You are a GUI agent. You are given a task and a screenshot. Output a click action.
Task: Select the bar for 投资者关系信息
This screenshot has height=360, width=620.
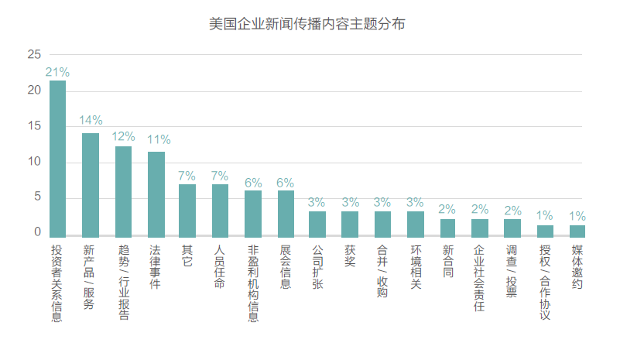[57, 158]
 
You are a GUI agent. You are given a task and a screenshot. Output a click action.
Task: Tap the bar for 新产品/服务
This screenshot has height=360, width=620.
[91, 184]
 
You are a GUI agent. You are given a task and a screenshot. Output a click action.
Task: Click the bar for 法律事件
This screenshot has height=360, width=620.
[156, 194]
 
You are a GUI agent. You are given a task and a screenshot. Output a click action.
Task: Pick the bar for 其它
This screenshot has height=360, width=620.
[187, 210]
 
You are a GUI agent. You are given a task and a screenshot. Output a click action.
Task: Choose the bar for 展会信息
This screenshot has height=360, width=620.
[286, 213]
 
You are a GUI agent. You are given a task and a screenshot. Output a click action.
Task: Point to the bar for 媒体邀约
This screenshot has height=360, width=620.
[577, 230]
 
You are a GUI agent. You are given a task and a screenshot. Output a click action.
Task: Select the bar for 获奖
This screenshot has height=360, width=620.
[350, 223]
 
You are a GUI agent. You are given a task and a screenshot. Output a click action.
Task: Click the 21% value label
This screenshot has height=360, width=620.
[57, 72]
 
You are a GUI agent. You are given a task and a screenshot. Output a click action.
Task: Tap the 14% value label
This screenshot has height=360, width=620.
[91, 121]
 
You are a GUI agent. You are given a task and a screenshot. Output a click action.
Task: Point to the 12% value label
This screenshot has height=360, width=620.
[123, 135]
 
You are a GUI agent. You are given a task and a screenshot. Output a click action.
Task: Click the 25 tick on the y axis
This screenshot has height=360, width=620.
[33, 55]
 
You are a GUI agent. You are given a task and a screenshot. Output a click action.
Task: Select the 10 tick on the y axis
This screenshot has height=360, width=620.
[33, 162]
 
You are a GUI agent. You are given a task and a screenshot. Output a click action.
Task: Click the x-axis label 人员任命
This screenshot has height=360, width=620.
[220, 267]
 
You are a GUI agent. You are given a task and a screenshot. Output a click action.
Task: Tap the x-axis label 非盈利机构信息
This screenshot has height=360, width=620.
[253, 283]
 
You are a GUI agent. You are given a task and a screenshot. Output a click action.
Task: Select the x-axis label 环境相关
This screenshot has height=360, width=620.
[416, 267]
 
